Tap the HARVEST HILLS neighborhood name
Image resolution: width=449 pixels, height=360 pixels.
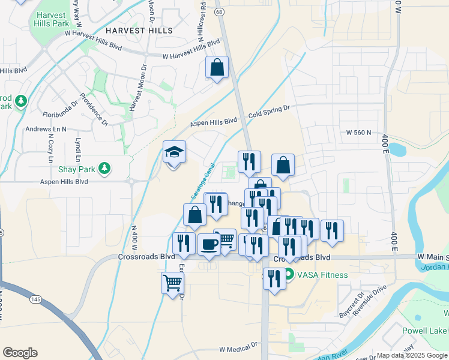coord(139,30)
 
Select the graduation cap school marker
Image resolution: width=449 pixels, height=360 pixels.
coord(175,153)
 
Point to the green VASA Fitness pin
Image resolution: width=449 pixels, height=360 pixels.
coord(289,275)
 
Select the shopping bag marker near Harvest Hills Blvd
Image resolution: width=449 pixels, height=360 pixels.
coord(217,68)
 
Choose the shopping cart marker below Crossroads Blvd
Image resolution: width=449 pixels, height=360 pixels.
coord(172,283)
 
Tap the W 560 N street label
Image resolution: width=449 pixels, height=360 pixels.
coord(359,132)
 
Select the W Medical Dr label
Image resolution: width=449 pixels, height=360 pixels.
coord(238,348)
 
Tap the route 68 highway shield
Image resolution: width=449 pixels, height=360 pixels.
coord(220,11)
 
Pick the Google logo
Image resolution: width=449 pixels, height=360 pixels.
coord(20,353)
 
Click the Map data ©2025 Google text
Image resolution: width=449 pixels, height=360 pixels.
coord(411,355)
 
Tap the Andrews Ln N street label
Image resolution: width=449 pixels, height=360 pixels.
coord(46,129)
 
